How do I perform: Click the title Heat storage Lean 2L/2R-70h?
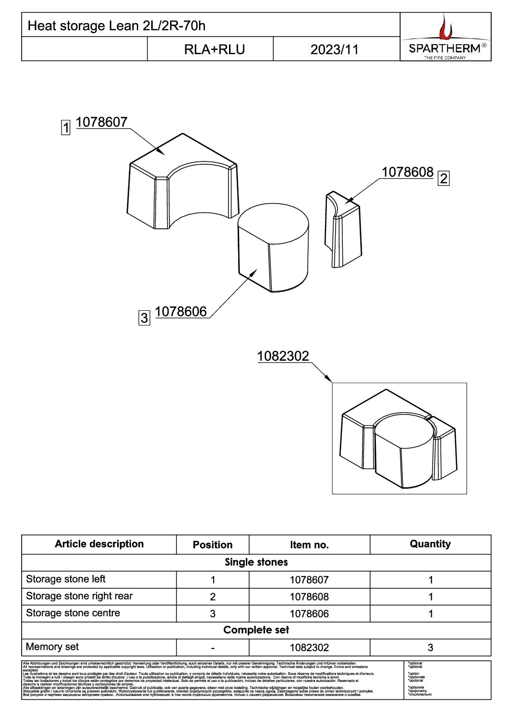(x=116, y=25)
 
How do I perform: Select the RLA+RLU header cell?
(x=214, y=49)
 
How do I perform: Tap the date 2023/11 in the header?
(x=334, y=49)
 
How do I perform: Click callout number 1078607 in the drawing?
(x=102, y=122)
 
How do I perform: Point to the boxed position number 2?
(x=444, y=179)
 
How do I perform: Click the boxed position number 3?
(x=144, y=317)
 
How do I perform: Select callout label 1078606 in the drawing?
(x=181, y=312)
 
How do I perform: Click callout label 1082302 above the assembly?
(x=283, y=356)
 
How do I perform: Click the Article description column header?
(x=99, y=544)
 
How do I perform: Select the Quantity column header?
(x=430, y=544)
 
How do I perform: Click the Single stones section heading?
(x=256, y=562)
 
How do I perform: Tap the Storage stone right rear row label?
(x=79, y=596)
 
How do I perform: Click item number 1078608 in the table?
(x=309, y=597)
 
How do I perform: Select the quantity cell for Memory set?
(x=430, y=647)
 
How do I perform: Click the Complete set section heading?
(x=256, y=630)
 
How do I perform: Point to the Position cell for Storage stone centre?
(x=213, y=614)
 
